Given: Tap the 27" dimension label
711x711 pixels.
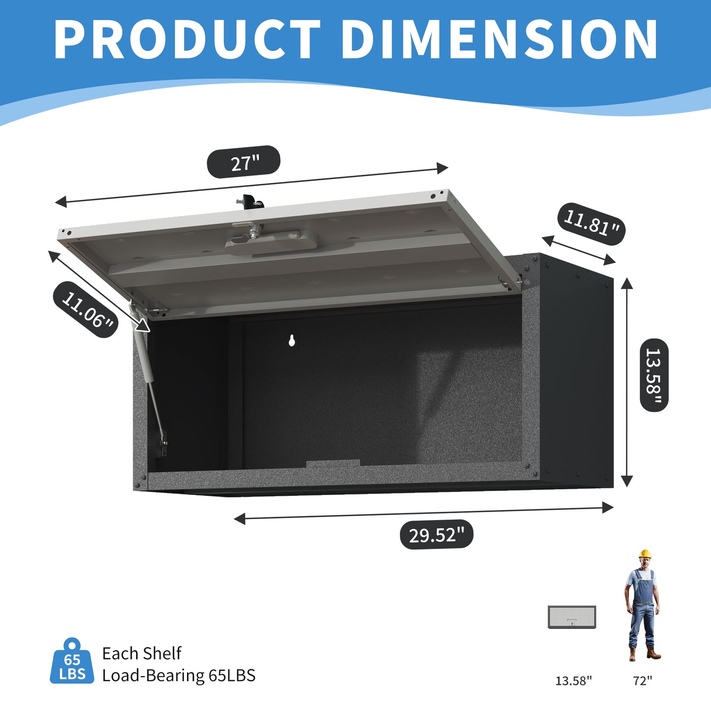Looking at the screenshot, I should point(244,162).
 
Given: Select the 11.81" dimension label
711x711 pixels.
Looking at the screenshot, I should point(591,224).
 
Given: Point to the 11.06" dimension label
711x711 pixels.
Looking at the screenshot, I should point(86,309).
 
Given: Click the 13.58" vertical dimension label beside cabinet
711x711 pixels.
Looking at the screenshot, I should point(654,375).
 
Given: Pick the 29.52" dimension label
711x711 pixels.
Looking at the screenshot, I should point(436,535).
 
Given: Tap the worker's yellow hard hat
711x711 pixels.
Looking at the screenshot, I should point(645,554).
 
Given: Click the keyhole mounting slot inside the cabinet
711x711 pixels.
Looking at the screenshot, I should point(292,340).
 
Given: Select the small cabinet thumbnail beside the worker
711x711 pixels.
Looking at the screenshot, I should point(572,617).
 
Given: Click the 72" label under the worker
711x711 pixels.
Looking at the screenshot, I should point(642,681).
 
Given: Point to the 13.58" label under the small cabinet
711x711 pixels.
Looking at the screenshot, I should point(574,681).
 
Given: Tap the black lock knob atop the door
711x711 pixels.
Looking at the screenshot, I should point(252,202).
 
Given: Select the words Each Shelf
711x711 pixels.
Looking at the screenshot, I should point(142,653).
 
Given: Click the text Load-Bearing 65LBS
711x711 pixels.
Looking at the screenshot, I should point(179,676).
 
